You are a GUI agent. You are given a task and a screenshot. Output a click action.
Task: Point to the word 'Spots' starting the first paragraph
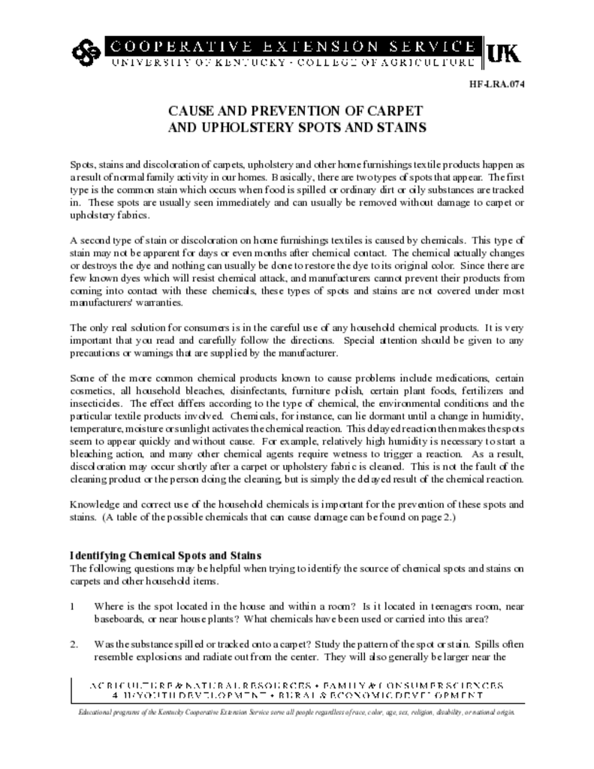click(82, 164)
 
